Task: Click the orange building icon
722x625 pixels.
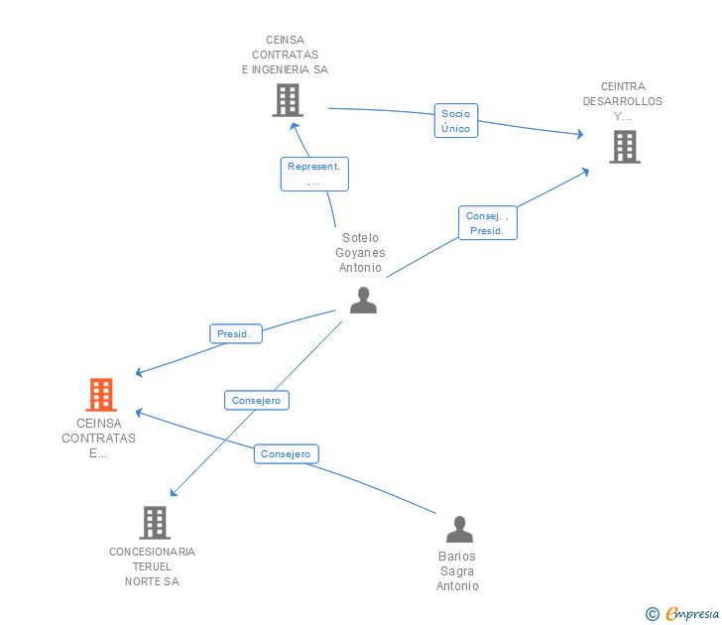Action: click(x=100, y=395)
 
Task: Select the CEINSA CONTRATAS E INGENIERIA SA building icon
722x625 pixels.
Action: click(x=287, y=100)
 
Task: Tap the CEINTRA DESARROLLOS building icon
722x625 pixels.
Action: click(x=624, y=147)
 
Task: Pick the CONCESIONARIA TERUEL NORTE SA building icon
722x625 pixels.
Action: click(x=154, y=522)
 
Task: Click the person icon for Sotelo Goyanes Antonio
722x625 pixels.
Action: click(x=363, y=300)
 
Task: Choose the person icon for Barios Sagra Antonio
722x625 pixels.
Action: click(x=458, y=529)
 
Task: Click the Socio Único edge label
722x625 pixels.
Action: click(x=456, y=121)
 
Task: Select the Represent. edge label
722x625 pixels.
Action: click(x=313, y=174)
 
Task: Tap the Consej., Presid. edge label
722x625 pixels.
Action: click(x=487, y=223)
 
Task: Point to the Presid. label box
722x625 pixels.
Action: click(x=235, y=334)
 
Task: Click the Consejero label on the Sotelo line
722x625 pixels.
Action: click(x=256, y=401)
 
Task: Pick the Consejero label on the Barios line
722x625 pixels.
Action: click(x=286, y=454)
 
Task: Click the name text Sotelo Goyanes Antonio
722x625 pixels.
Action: click(x=360, y=253)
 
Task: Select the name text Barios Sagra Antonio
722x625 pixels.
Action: click(x=457, y=571)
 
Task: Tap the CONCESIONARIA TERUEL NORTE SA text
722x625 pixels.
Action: click(x=152, y=566)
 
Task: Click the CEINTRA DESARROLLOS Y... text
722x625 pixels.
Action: click(x=623, y=101)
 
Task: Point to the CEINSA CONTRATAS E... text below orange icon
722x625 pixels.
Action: click(x=98, y=438)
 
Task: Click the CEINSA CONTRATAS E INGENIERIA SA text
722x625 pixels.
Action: click(x=285, y=56)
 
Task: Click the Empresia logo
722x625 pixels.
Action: click(x=692, y=613)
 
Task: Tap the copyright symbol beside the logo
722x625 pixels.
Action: click(x=652, y=614)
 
